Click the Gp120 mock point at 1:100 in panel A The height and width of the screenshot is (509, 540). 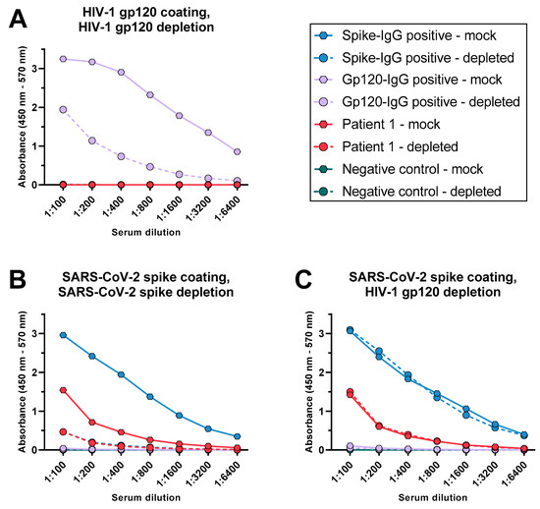click(64, 59)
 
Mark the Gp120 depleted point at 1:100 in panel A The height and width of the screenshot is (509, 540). click(64, 109)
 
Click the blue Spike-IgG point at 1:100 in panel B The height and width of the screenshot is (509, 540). click(64, 335)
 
